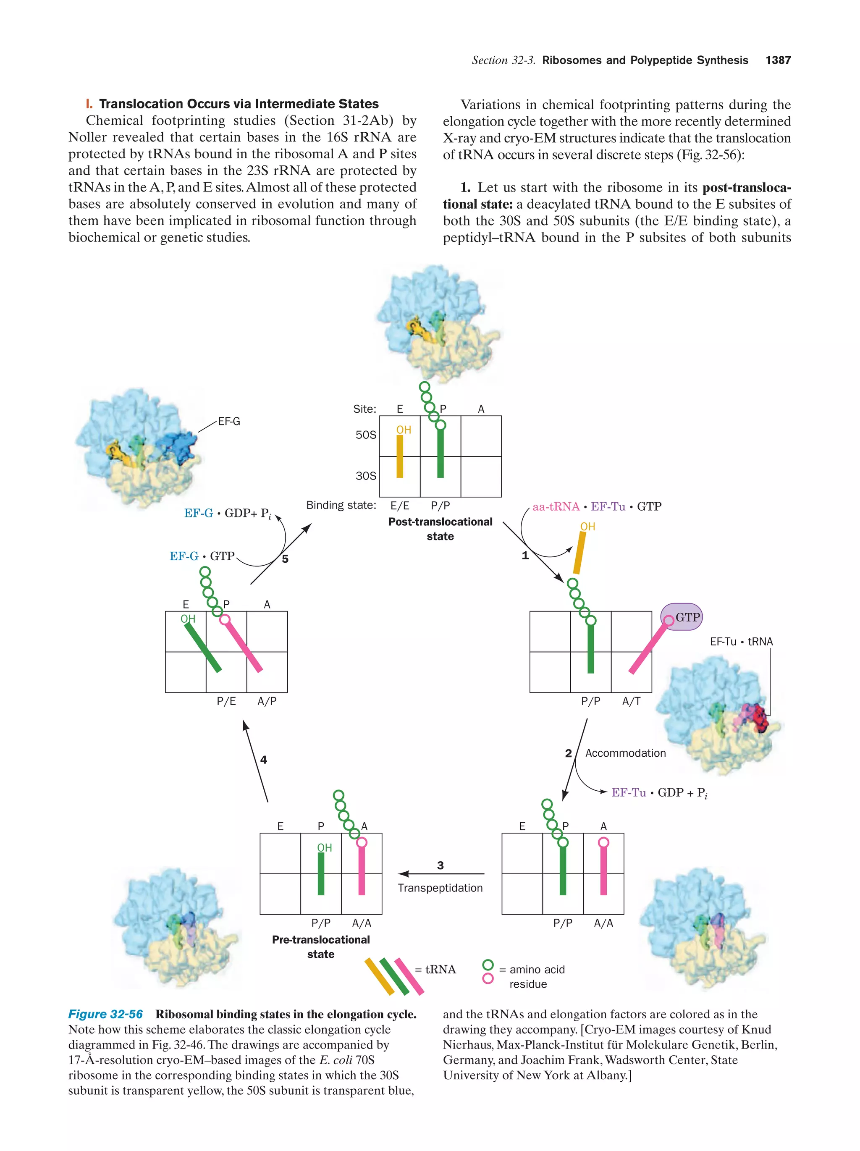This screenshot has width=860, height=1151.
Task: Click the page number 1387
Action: coord(778,60)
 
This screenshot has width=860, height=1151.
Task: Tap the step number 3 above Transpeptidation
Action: coord(440,865)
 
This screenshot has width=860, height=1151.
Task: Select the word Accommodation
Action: coord(625,753)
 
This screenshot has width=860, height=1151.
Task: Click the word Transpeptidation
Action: coord(440,888)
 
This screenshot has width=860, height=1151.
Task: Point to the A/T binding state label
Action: coord(631,701)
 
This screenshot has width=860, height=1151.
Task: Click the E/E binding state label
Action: coord(400,506)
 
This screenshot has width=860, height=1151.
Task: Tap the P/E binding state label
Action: coord(226,701)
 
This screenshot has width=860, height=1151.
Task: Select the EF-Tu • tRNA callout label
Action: coord(742,642)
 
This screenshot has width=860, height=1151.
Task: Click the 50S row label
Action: coord(366,435)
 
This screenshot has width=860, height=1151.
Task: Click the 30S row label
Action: coord(366,476)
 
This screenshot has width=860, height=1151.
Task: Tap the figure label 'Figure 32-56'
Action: coord(106,1014)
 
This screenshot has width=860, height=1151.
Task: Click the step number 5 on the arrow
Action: coord(285,559)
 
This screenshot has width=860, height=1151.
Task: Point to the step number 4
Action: coord(264,760)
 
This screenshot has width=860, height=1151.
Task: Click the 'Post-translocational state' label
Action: coord(440,529)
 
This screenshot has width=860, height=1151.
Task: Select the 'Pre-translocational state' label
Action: coord(320,946)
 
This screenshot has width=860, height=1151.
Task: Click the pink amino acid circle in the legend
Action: coord(488,979)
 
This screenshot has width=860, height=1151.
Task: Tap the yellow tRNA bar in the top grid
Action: coord(400,456)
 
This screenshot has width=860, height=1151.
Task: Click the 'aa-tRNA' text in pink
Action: coord(556,506)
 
